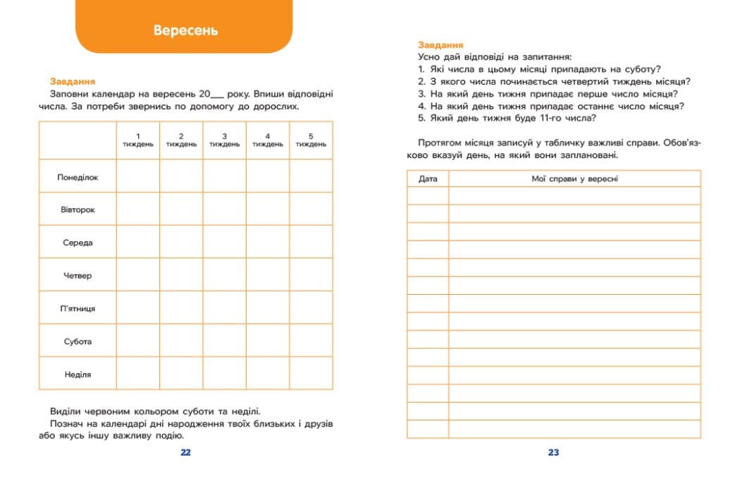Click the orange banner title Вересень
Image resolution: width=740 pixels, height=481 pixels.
pyautogui.click(x=185, y=30)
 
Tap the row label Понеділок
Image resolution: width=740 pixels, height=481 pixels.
pyautogui.click(x=78, y=177)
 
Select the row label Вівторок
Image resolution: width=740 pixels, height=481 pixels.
pyautogui.click(x=78, y=209)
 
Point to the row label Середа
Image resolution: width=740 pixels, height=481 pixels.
pyautogui.click(x=78, y=243)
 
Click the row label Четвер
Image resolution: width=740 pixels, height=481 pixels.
pyautogui.click(x=78, y=276)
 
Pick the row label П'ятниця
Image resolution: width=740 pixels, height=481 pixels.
pyautogui.click(x=78, y=308)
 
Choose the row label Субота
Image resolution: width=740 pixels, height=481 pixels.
pyautogui.click(x=78, y=341)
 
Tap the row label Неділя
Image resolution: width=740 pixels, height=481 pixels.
pyautogui.click(x=78, y=374)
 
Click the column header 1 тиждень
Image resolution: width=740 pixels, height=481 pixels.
pyautogui.click(x=138, y=140)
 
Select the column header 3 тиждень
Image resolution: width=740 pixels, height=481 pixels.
pyautogui.click(x=224, y=140)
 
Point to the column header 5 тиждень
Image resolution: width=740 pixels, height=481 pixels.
pyautogui.click(x=311, y=140)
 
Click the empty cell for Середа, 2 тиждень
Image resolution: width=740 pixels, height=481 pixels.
pyautogui.click(x=181, y=243)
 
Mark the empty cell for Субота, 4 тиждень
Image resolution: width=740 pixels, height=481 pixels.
pyautogui.click(x=268, y=341)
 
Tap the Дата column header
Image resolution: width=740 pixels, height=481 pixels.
pyautogui.click(x=428, y=178)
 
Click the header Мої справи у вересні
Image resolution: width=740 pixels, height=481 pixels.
pyautogui.click(x=574, y=178)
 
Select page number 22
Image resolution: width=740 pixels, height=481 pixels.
pyautogui.click(x=185, y=452)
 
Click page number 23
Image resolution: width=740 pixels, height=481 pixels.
pyautogui.click(x=553, y=452)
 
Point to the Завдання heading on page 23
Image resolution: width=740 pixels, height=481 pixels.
pyautogui.click(x=440, y=44)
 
